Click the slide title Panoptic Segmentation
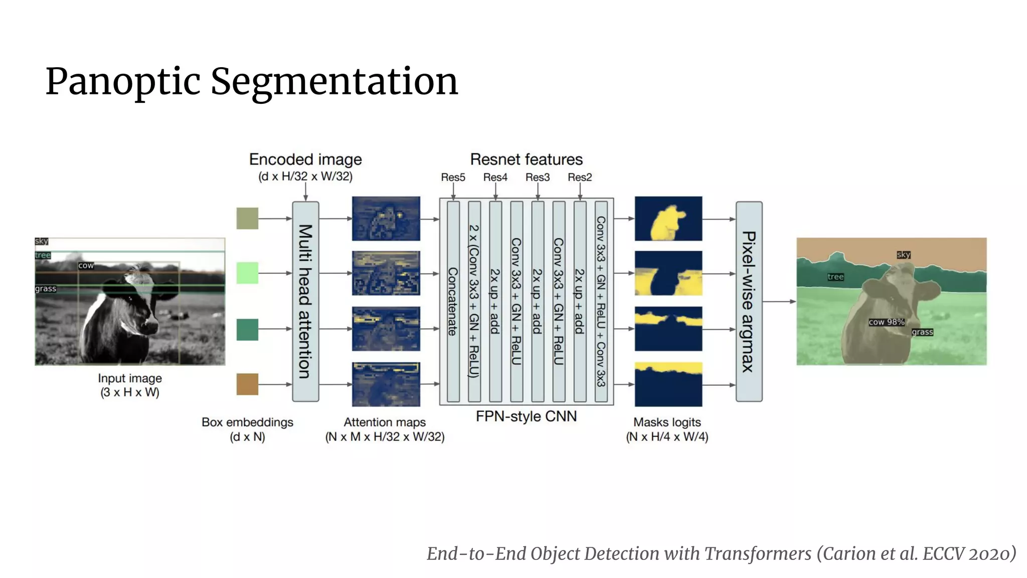[252, 81]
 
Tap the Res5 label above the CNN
[453, 177]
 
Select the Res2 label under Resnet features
[580, 177]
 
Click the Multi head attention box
[305, 301]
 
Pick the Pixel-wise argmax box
[749, 301]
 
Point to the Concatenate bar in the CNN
[453, 301]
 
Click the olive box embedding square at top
[247, 218]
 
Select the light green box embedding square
[247, 273]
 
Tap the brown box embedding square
[247, 384]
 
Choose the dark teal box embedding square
[247, 329]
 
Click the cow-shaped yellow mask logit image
[668, 219]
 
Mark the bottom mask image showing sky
[668, 384]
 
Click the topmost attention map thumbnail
[386, 219]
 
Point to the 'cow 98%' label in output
[887, 322]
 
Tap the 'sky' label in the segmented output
[904, 255]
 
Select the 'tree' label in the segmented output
[835, 277]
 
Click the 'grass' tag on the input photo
[46, 289]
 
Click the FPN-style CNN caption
[526, 416]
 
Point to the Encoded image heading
[305, 160]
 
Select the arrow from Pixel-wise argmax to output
[779, 302]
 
